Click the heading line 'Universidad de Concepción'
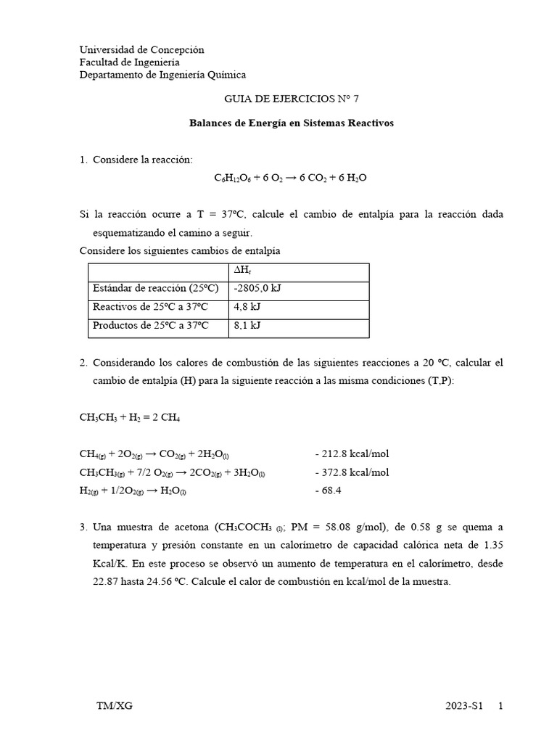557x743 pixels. (x=141, y=50)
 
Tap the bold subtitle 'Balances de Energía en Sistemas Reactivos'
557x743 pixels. (x=291, y=123)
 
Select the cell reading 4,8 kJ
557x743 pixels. (x=246, y=307)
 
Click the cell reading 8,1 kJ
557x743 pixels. (x=246, y=326)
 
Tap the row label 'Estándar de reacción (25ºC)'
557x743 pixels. (x=156, y=288)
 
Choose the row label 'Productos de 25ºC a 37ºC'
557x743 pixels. (x=150, y=326)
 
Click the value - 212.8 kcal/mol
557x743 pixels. (x=352, y=454)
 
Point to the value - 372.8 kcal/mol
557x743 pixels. (x=352, y=473)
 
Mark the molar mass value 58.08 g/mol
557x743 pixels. (x=340, y=527)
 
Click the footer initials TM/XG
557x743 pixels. (x=114, y=706)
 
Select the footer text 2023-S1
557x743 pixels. (x=464, y=706)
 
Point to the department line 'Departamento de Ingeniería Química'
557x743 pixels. (x=162, y=75)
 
